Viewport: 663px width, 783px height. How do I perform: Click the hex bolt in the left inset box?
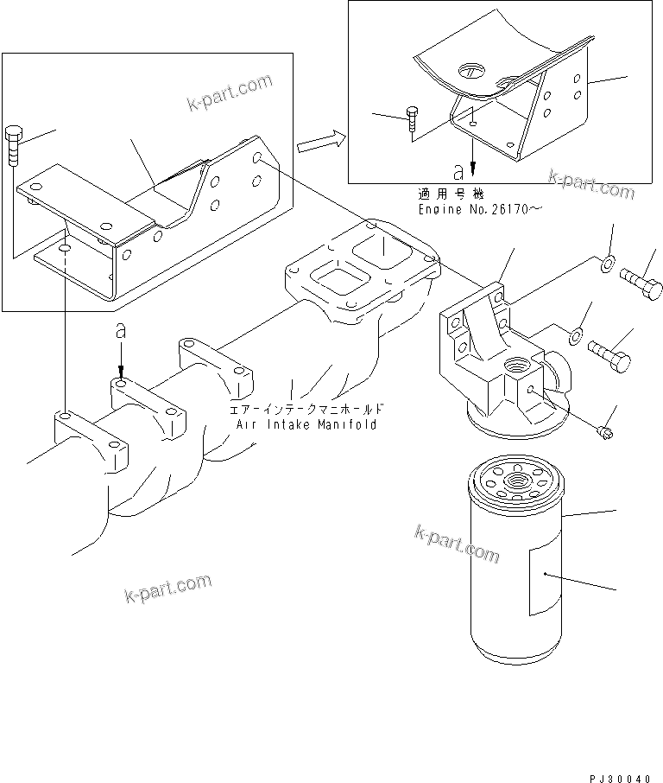tap(14, 145)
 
